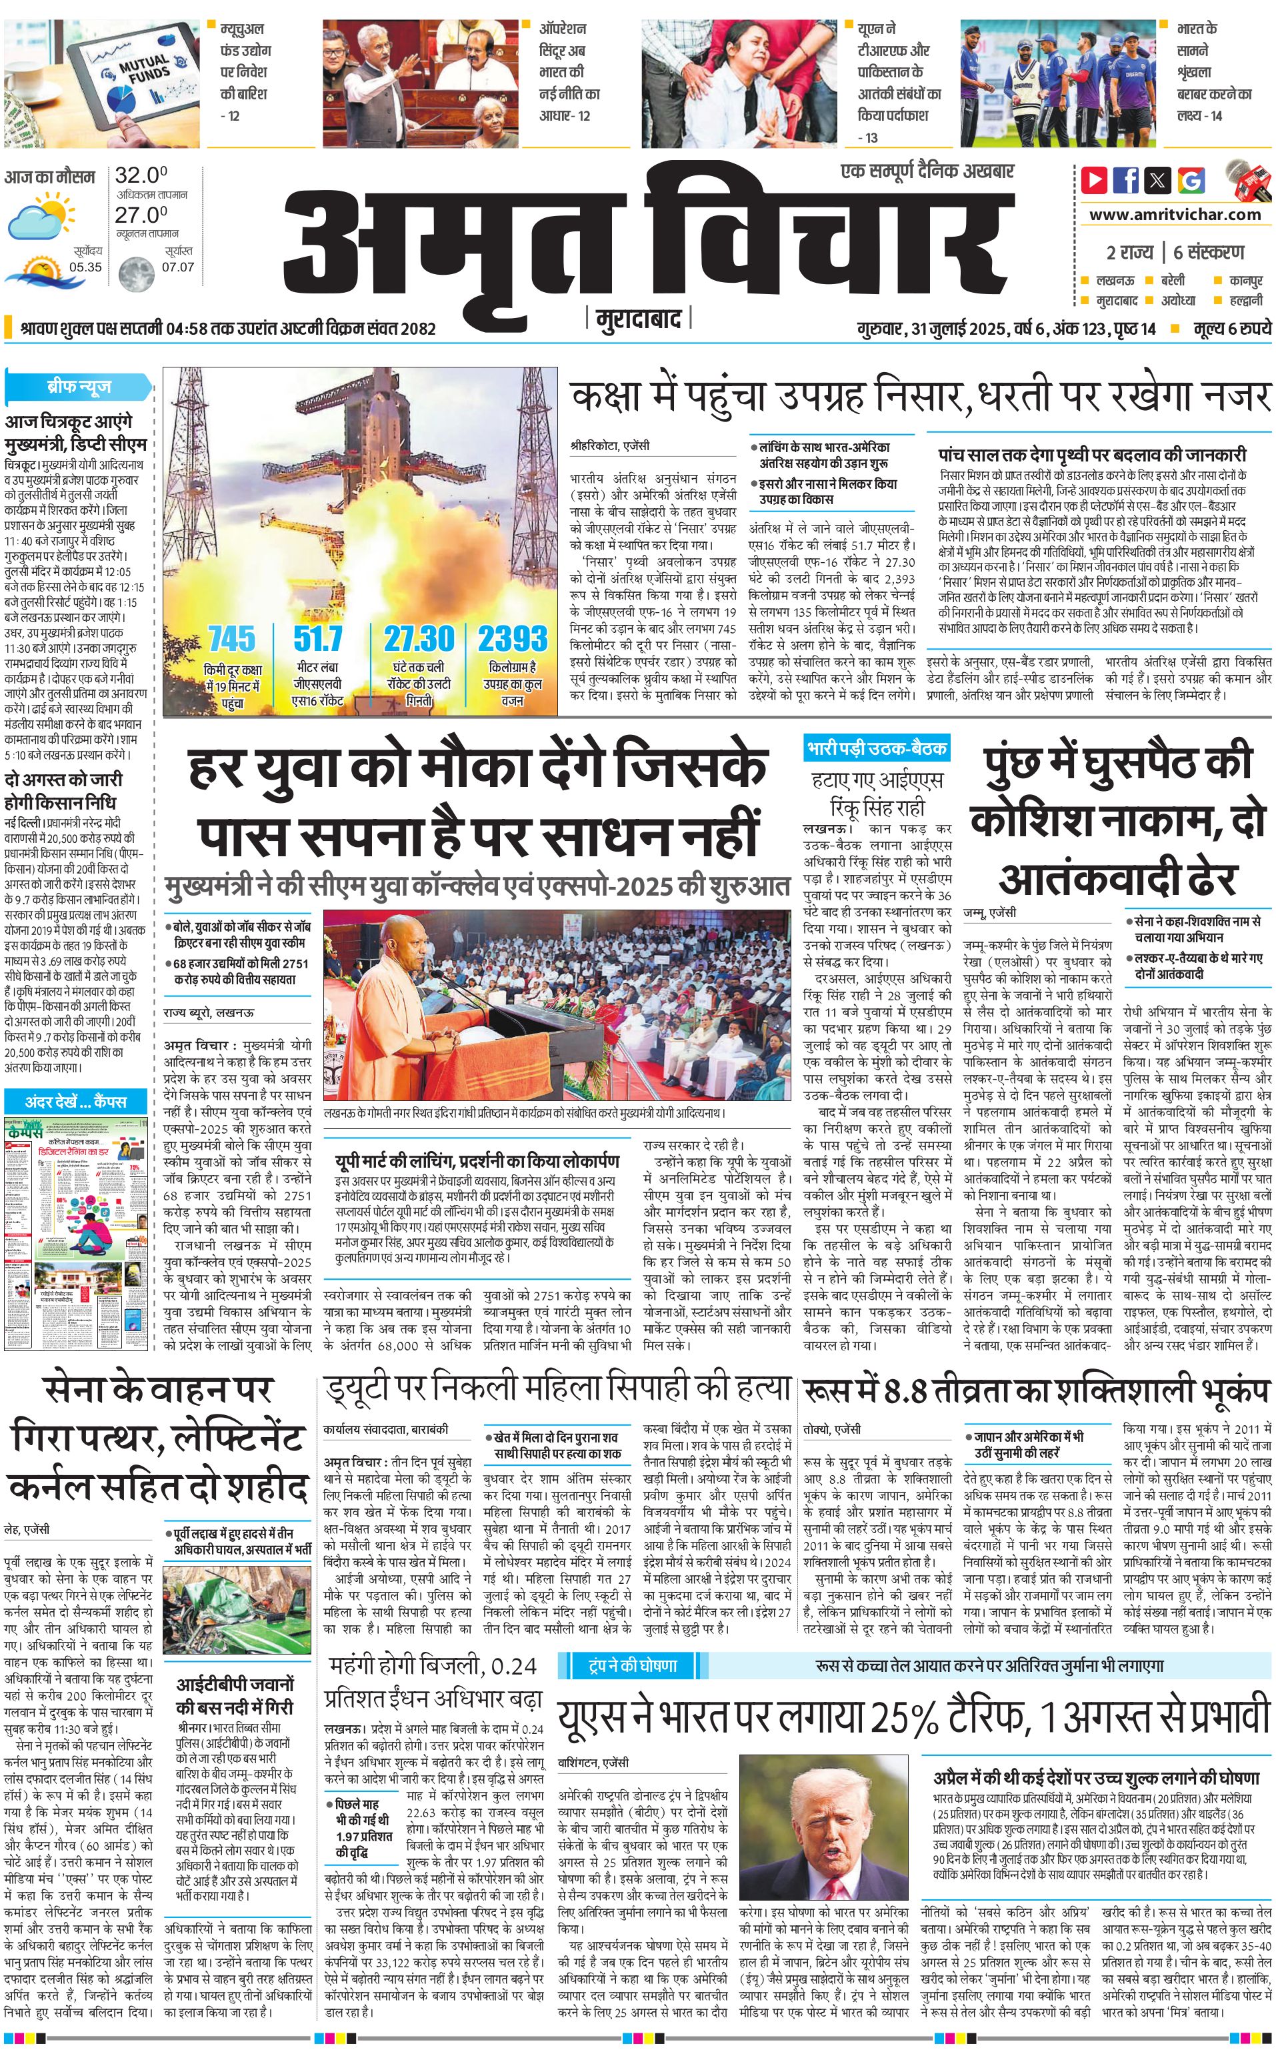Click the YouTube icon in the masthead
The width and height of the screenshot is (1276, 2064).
1094,180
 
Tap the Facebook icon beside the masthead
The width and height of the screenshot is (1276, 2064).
1126,180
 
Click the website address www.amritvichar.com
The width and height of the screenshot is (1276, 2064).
1175,215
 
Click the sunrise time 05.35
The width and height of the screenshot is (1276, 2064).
85,267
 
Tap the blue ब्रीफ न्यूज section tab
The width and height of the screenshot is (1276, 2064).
79,387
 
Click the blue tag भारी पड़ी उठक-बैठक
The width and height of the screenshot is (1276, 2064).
876,748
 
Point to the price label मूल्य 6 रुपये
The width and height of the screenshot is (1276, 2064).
1232,328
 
